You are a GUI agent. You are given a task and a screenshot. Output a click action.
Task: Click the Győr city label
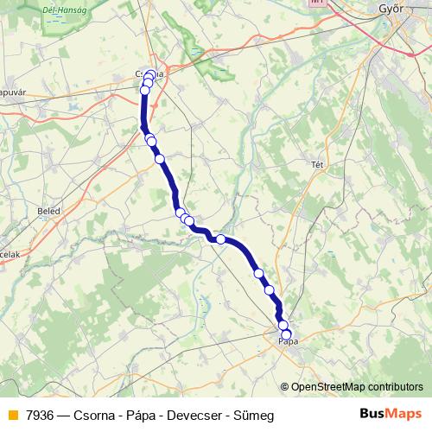[x=393, y=10]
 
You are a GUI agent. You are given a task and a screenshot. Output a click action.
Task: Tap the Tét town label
[x=317, y=163]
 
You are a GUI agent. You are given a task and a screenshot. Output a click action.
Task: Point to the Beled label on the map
[x=48, y=210]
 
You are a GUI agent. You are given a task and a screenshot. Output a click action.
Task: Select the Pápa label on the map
[x=289, y=342]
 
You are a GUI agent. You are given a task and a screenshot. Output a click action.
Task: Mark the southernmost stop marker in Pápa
[x=287, y=334]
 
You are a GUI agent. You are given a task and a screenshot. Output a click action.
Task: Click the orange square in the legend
[x=12, y=416]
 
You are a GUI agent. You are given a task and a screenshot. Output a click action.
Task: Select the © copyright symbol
[x=285, y=387]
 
